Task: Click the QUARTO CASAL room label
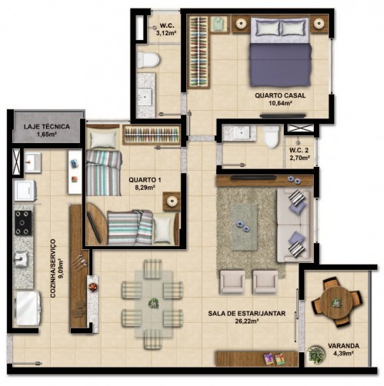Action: pyautogui.click(x=280, y=95)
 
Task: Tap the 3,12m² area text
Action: pyautogui.click(x=166, y=33)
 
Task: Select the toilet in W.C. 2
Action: pyautogui.click(x=272, y=136)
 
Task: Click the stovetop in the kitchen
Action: pyautogui.click(x=24, y=223)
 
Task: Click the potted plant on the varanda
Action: pyautogui.click(x=316, y=354)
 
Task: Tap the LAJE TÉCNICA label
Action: pyautogui.click(x=47, y=127)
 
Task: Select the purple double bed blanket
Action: pyautogui.click(x=281, y=65)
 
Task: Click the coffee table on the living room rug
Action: pyautogui.click(x=244, y=227)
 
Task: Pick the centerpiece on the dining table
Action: pyautogui.click(x=153, y=304)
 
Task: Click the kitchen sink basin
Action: pyautogui.click(x=21, y=259)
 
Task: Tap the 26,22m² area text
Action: pyautogui.click(x=246, y=321)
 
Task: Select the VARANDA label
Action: pyautogui.click(x=343, y=346)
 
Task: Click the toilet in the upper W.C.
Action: pyautogui.click(x=148, y=60)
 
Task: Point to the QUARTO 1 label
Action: pyautogui.click(x=145, y=180)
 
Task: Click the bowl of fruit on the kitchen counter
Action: pyautogui.click(x=93, y=287)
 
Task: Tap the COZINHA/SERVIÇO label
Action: pyautogui.click(x=53, y=268)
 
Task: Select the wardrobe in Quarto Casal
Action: pyautogui.click(x=199, y=52)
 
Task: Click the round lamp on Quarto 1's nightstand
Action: pyautogui.click(x=172, y=201)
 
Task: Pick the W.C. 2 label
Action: pyautogui.click(x=299, y=150)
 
